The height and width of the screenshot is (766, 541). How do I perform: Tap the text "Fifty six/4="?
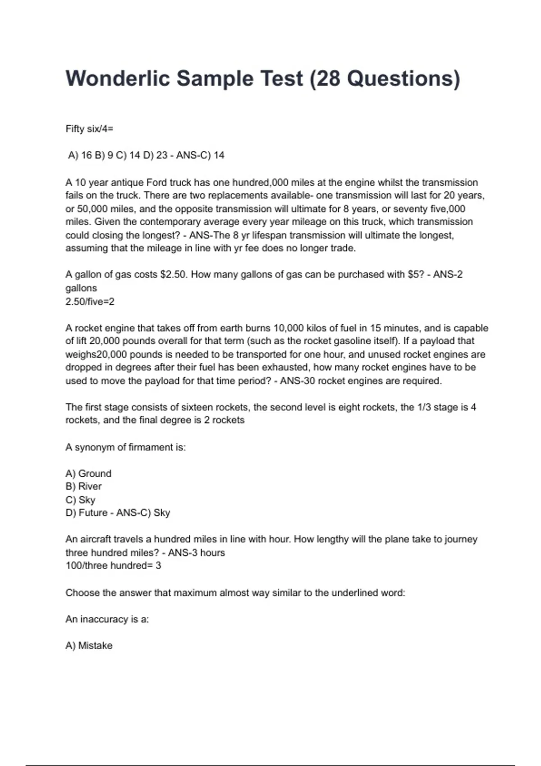click(x=89, y=129)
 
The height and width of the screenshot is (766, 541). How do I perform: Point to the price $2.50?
click(x=173, y=274)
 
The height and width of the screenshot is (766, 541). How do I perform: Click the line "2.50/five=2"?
click(x=90, y=301)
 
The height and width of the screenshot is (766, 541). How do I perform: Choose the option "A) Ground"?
click(x=88, y=474)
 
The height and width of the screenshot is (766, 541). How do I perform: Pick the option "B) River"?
click(x=83, y=487)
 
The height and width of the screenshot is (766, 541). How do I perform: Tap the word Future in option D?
click(x=93, y=513)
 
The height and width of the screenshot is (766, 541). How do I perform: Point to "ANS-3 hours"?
click(x=196, y=552)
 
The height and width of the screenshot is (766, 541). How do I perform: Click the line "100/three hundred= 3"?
click(x=113, y=565)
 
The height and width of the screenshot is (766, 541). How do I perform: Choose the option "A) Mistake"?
click(x=89, y=646)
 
